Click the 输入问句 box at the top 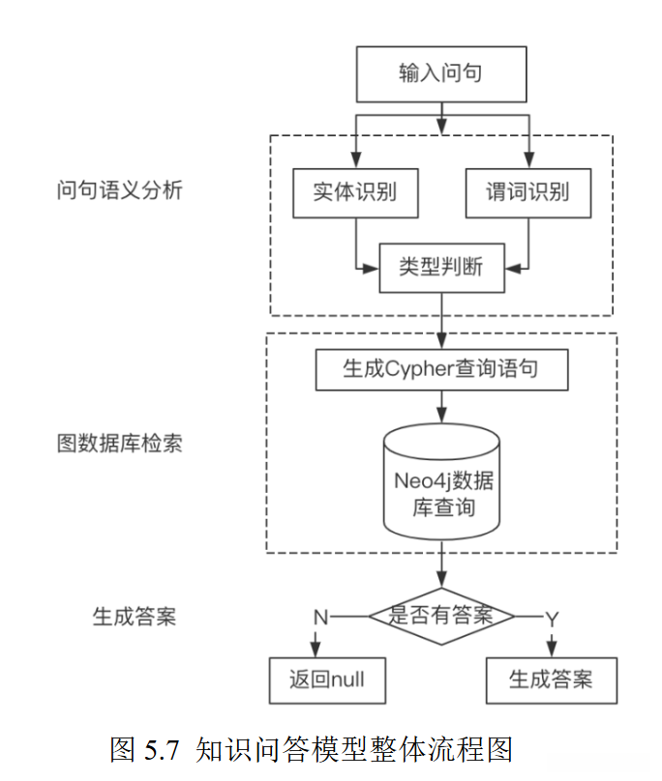(441, 74)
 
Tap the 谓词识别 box (527, 191)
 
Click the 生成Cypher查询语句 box (441, 369)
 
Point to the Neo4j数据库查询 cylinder (441, 480)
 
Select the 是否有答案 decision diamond (441, 615)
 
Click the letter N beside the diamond (318, 617)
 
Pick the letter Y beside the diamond (552, 617)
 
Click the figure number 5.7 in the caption (165, 748)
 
